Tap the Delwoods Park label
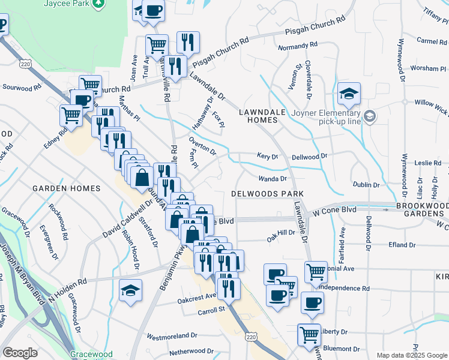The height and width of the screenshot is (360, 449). pyautogui.click(x=267, y=194)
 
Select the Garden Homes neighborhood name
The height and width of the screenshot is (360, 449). pyautogui.click(x=66, y=188)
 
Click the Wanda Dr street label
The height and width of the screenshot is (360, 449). pyautogui.click(x=273, y=179)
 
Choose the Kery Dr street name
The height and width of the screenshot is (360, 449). pyautogui.click(x=268, y=156)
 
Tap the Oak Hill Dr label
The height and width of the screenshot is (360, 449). pyautogui.click(x=281, y=232)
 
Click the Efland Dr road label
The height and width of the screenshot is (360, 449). pyautogui.click(x=402, y=245)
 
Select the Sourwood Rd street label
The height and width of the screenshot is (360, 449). pyautogui.click(x=22, y=87)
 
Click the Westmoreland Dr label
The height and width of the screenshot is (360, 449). pyautogui.click(x=169, y=337)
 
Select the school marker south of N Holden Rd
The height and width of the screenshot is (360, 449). pyautogui.click(x=130, y=292)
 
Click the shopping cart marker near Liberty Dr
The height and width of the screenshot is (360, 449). pyautogui.click(x=309, y=333)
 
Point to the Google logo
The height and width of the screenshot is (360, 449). pyautogui.click(x=20, y=353)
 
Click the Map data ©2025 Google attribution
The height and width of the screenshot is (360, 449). pyautogui.click(x=411, y=355)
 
